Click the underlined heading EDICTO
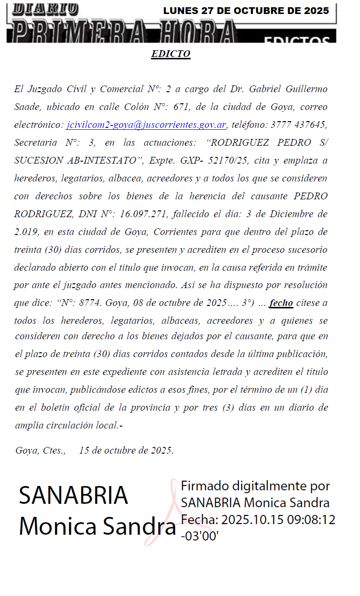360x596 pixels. (x=171, y=54)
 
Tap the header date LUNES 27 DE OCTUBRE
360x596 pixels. (x=246, y=11)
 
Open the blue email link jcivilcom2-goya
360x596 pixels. (x=146, y=125)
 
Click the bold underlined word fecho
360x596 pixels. (x=281, y=303)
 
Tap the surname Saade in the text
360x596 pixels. (x=28, y=107)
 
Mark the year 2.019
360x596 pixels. (x=26, y=232)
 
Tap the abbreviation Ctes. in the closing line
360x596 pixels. (x=54, y=450)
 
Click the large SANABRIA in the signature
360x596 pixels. (x=73, y=495)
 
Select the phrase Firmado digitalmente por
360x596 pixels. (x=255, y=485)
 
